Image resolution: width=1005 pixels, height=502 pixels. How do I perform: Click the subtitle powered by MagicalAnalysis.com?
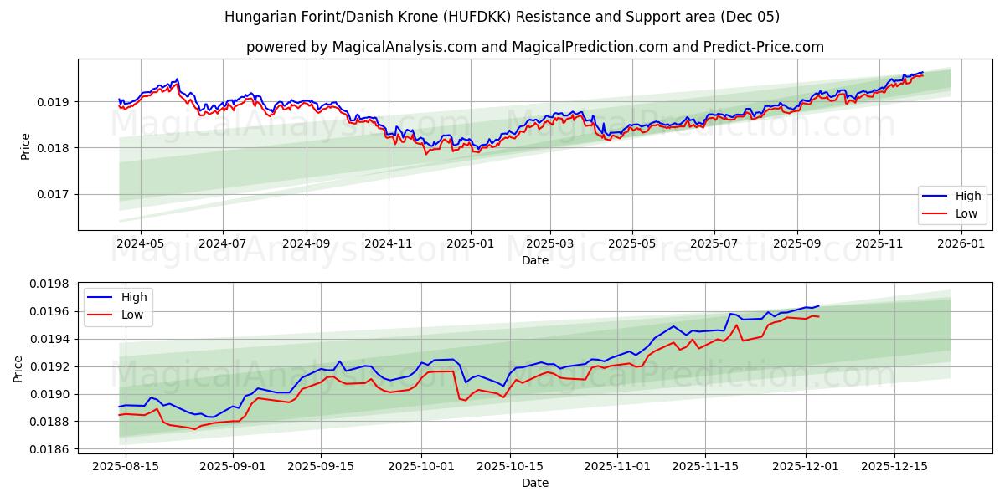pyautogui.click(x=534, y=47)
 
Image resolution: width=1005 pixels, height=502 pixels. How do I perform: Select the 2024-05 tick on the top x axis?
pyautogui.click(x=140, y=243)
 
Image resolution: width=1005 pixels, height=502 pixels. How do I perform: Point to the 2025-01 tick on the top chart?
pyautogui.click(x=470, y=243)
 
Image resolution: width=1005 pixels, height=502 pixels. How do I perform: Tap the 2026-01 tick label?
pyautogui.click(x=961, y=243)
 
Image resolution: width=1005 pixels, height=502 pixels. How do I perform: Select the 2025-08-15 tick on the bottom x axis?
pyautogui.click(x=126, y=466)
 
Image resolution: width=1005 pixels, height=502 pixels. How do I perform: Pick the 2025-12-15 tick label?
pyautogui.click(x=895, y=466)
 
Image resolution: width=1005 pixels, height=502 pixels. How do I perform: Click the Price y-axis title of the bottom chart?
pyautogui.click(x=18, y=368)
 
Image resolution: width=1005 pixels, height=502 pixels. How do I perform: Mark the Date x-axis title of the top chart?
pyautogui.click(x=534, y=260)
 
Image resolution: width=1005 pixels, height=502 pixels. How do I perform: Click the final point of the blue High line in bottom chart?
pyautogui.click(x=818, y=306)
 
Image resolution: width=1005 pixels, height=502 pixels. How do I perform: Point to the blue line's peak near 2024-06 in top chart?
pyautogui.click(x=177, y=79)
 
